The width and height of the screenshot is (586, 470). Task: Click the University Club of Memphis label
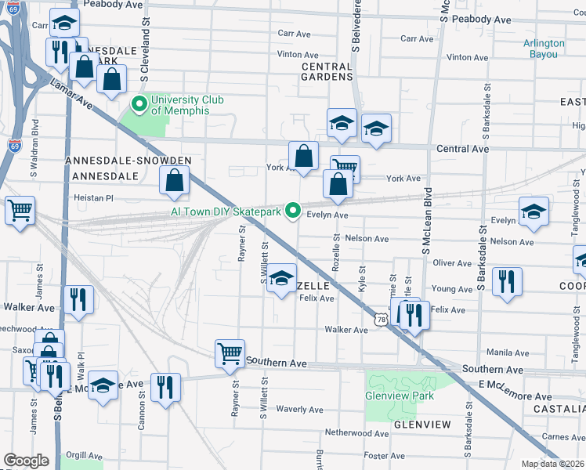coord(186,105)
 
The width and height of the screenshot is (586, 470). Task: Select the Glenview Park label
coord(400,396)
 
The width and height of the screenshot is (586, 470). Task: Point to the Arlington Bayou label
coord(544,49)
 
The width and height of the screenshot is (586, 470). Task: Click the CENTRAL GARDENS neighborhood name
coord(327,72)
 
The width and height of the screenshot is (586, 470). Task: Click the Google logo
coord(27,461)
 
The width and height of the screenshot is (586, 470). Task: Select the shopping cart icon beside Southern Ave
coord(230,352)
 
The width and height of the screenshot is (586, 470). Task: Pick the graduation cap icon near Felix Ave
coord(281,279)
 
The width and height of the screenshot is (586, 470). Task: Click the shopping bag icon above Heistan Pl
coord(175,180)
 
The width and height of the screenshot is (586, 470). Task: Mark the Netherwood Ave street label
coord(357,432)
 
